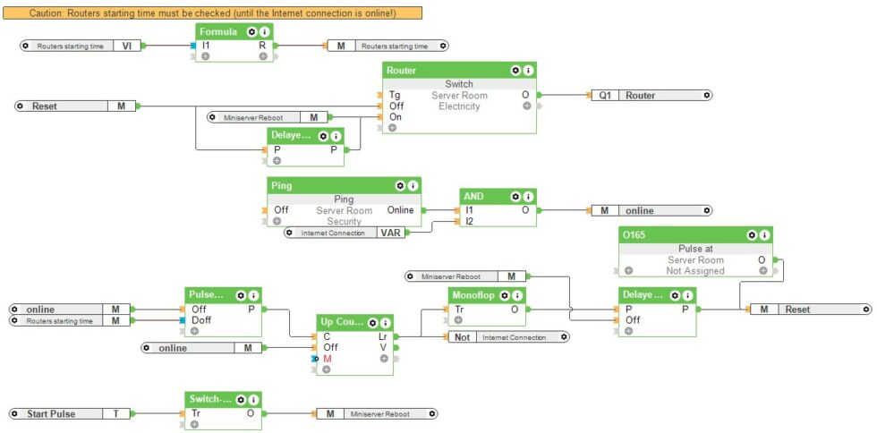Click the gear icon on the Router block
point(515,70)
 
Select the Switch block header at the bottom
point(211,399)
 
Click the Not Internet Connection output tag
point(511,336)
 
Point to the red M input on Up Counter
point(328,358)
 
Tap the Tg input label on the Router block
point(395,95)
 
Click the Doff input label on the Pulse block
point(201,319)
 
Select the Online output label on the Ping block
point(400,210)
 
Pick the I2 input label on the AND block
point(469,221)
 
